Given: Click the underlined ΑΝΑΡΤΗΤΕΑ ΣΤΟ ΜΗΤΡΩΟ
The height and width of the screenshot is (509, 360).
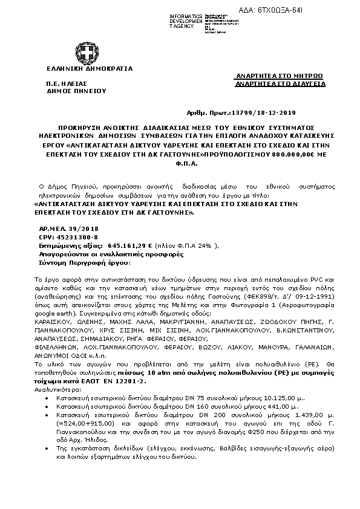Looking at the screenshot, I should click(279, 76).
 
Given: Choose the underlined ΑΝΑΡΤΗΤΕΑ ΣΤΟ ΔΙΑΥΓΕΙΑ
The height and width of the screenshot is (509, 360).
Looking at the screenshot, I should click(280, 84).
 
